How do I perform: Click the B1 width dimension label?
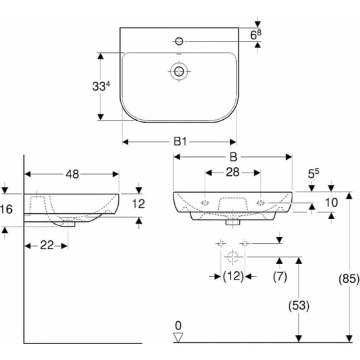pyautogui.click(x=180, y=142)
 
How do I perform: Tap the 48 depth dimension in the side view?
pyautogui.click(x=72, y=174)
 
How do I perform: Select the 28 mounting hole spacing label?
pyautogui.click(x=233, y=172)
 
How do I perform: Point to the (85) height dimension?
pyautogui.click(x=349, y=279)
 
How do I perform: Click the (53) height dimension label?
pyautogui.click(x=299, y=306)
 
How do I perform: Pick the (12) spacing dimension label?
pyautogui.click(x=233, y=276)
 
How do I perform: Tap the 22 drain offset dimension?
pyautogui.click(x=47, y=245)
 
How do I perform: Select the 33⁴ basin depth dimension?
pyautogui.click(x=101, y=86)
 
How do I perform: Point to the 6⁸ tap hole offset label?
pyautogui.click(x=256, y=35)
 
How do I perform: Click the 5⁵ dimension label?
pyautogui.click(x=313, y=174)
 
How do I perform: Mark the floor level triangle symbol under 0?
pyautogui.click(x=178, y=337)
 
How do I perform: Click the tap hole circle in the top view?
pyautogui.click(x=179, y=41)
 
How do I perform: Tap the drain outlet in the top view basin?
pyautogui.click(x=179, y=71)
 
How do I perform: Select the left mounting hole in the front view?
pyautogui.click(x=205, y=203)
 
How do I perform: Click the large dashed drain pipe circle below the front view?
pyautogui.click(x=233, y=256)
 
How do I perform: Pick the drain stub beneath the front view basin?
pyautogui.click(x=233, y=222)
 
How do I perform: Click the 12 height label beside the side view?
pyautogui.click(x=139, y=204)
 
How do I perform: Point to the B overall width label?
pyautogui.click(x=233, y=157)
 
